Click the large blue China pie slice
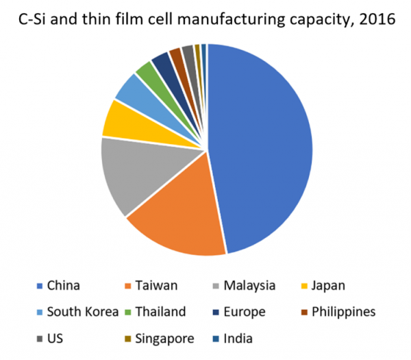264,144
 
